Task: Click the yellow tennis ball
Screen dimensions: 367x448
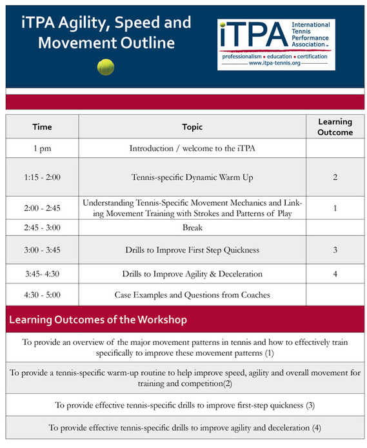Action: coord(106,67)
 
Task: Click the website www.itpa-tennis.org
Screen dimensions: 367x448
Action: coord(274,63)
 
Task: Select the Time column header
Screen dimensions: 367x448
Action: coord(42,127)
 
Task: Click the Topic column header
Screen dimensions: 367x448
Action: coord(192,127)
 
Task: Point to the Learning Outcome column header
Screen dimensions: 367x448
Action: coord(335,127)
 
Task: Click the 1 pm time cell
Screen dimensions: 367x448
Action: coord(42,148)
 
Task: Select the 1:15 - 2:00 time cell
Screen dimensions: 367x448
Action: coord(42,177)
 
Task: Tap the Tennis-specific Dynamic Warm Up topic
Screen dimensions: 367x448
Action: coord(192,177)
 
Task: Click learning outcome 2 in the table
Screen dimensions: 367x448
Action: coord(335,177)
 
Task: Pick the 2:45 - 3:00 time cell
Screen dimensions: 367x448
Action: coord(42,228)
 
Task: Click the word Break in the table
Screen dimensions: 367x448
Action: coord(192,228)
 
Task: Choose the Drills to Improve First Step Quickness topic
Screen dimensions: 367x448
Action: coord(192,250)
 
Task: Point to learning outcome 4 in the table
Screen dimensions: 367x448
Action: coord(335,274)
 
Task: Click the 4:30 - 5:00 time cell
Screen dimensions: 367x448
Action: coord(42,295)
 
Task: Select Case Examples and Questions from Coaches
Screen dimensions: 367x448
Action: coord(192,295)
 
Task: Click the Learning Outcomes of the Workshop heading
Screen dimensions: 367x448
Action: coord(98,320)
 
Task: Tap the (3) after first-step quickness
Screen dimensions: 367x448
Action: coord(310,405)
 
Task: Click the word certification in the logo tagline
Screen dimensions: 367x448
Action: coord(312,57)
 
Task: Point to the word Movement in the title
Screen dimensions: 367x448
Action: coord(77,43)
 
